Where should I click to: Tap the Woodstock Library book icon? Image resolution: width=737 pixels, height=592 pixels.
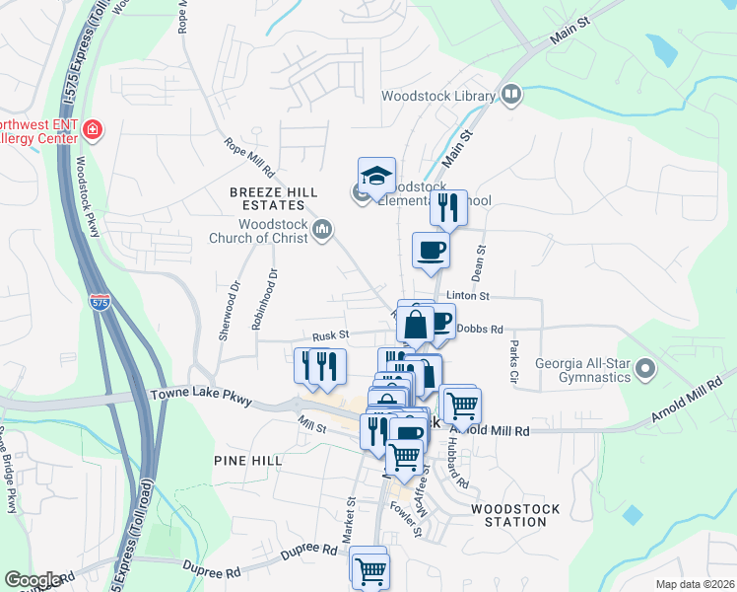click(x=510, y=95)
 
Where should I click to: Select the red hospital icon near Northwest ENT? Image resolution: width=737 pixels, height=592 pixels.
click(x=94, y=129)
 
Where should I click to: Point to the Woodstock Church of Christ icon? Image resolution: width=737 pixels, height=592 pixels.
click(x=322, y=231)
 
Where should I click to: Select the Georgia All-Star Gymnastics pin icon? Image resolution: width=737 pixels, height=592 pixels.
click(x=645, y=369)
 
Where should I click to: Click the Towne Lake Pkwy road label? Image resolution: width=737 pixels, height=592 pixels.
click(x=201, y=396)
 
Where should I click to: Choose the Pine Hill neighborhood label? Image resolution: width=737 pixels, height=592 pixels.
click(x=246, y=461)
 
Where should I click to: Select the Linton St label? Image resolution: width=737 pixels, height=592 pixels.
click(x=470, y=296)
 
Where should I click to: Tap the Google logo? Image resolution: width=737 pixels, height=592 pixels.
click(x=33, y=581)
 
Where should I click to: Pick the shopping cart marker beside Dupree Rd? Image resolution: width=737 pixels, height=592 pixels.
click(x=370, y=570)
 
